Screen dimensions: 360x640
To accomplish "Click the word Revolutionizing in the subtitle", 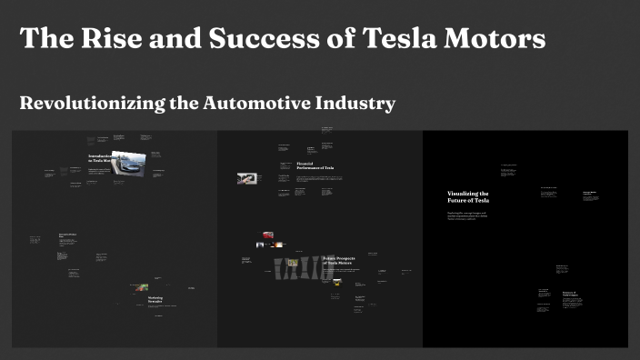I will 91,104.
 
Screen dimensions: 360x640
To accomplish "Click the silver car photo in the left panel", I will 128,163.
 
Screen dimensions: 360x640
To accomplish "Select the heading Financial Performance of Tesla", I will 315,166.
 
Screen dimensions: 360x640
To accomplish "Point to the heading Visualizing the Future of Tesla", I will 467,197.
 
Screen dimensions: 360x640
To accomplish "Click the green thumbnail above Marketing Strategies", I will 142,287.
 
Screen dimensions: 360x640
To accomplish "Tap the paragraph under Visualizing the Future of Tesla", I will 469,215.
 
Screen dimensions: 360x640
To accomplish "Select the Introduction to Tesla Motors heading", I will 99,158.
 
